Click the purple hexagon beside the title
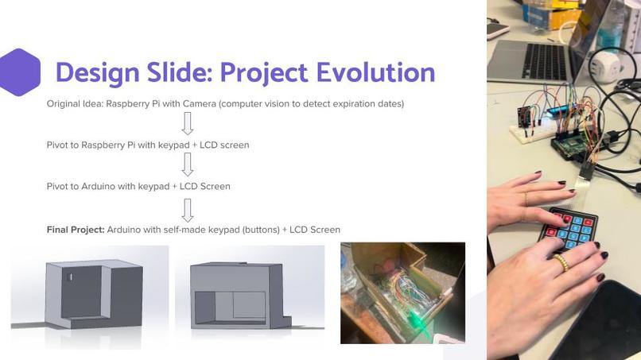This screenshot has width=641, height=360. click(20, 72)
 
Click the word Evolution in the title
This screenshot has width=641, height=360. click(375, 72)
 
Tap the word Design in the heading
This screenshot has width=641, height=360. click(98, 74)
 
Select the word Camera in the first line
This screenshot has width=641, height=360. click(199, 104)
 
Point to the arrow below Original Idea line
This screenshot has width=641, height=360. click(187, 123)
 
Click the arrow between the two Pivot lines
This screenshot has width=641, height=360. click(187, 165)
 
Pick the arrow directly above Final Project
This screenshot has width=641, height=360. click(187, 210)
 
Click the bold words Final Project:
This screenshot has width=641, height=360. click(76, 230)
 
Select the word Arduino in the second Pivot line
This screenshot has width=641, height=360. click(98, 186)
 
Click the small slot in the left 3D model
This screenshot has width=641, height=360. click(70, 277)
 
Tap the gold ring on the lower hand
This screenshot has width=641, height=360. click(561, 263)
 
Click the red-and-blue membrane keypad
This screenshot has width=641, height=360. click(569, 228)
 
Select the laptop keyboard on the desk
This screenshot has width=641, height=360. click(545, 61)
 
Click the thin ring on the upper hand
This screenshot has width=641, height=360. click(526, 199)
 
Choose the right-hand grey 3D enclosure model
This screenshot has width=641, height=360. click(240, 295)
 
